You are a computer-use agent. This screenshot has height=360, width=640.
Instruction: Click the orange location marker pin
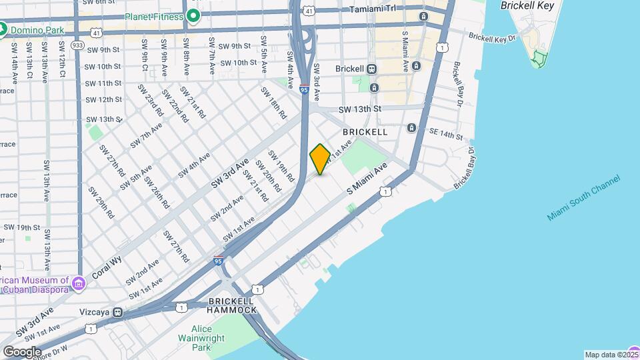320,159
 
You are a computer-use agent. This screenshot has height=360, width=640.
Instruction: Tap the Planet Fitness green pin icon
194,15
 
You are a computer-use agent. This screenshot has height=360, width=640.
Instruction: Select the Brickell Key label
528,5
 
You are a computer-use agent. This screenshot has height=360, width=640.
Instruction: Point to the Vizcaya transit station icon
117,311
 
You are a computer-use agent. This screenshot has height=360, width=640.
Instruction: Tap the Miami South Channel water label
583,198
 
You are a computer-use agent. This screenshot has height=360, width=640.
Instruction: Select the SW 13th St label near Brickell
359,109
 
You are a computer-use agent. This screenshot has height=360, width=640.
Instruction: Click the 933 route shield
77,44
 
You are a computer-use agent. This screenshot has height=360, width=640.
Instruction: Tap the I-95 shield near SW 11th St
303,89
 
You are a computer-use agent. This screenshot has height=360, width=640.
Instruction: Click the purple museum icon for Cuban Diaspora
79,285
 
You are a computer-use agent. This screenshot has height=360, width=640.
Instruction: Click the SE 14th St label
446,135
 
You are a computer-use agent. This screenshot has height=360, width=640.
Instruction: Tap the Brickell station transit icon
372,69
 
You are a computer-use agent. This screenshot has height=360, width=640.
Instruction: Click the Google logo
21,352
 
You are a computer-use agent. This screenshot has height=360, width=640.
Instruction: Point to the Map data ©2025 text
611,355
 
